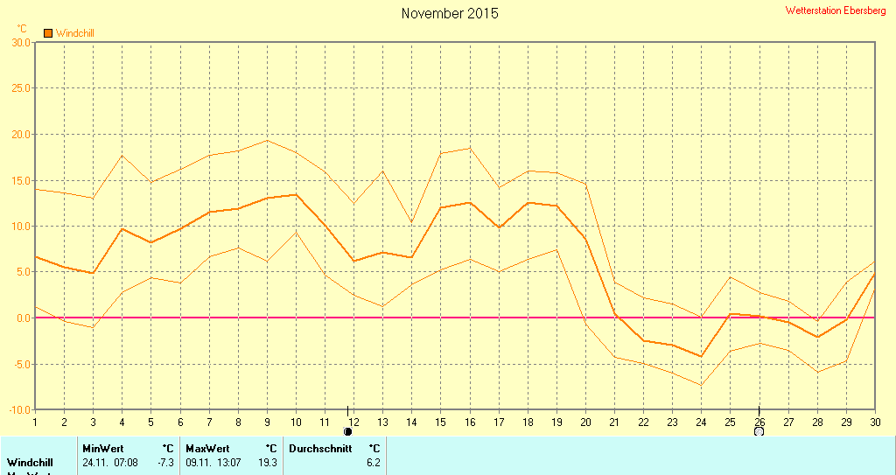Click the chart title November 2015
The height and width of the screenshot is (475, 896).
click(450, 13)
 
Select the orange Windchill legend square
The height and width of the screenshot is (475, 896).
click(48, 33)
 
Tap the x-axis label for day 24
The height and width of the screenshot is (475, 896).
click(701, 421)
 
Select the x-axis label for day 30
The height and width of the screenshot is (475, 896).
click(874, 421)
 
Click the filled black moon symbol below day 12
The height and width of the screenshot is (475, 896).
click(348, 431)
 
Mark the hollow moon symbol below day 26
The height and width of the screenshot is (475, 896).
click(759, 431)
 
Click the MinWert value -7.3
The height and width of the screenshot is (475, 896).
click(165, 462)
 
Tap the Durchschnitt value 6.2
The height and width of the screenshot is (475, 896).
click(373, 462)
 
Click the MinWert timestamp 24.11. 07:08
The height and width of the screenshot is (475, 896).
click(109, 462)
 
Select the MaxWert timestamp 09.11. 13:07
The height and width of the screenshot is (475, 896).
click(213, 462)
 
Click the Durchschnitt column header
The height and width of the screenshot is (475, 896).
click(320, 448)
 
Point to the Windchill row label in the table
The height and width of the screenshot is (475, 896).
click(29, 462)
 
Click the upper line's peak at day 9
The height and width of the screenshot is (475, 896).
click(267, 140)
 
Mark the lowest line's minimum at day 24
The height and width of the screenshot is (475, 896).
click(700, 385)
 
